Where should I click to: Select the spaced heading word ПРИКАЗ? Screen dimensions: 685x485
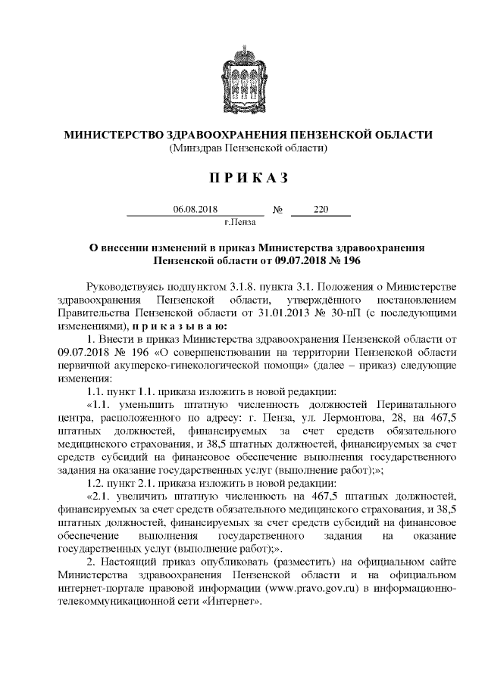242,178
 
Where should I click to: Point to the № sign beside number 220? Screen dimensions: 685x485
277,210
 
